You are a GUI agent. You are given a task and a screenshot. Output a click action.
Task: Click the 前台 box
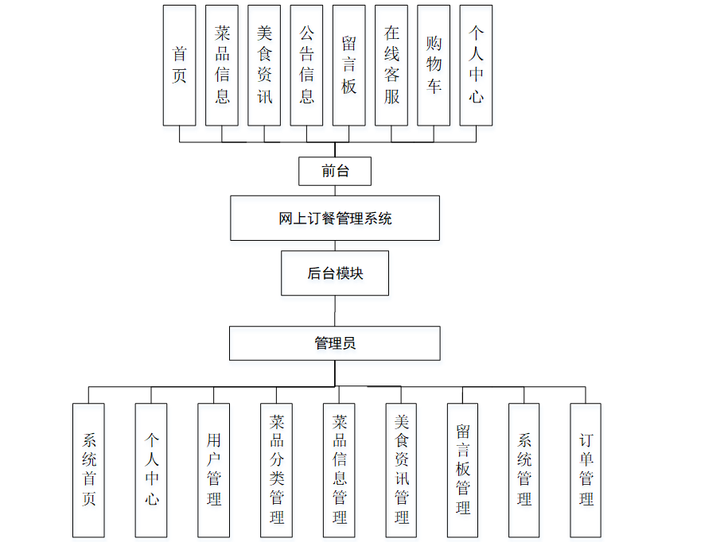(x=334, y=170)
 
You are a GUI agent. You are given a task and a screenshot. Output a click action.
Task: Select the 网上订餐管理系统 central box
(x=335, y=219)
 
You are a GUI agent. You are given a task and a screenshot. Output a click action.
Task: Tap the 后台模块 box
(x=335, y=273)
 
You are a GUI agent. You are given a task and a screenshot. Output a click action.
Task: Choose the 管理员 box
(x=335, y=343)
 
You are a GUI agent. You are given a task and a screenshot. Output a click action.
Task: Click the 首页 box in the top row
(x=179, y=65)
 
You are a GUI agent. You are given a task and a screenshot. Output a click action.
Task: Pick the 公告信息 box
(x=306, y=65)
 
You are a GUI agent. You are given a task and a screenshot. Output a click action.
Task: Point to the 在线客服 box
(x=391, y=65)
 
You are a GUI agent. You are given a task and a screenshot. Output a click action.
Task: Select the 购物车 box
(x=434, y=65)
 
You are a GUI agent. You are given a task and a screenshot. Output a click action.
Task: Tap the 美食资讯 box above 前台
(x=264, y=65)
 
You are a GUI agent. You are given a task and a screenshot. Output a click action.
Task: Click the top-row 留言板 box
(x=348, y=65)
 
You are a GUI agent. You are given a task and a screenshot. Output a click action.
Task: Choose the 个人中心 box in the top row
(x=476, y=65)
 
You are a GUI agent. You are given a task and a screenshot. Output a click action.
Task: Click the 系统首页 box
(x=88, y=470)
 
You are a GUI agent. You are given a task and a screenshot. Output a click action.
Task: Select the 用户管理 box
(x=213, y=470)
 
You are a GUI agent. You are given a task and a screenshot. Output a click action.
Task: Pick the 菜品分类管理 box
(x=276, y=470)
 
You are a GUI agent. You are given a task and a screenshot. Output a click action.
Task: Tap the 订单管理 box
(x=586, y=470)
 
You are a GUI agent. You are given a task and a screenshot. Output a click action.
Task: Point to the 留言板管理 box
(x=463, y=470)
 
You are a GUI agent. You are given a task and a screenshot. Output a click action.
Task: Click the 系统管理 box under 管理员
(x=524, y=470)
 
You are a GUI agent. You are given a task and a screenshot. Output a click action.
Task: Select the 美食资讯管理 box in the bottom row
(x=402, y=470)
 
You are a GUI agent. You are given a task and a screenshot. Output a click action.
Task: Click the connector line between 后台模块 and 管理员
(x=335, y=311)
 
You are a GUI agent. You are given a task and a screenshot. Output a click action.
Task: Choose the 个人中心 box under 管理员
(x=151, y=470)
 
